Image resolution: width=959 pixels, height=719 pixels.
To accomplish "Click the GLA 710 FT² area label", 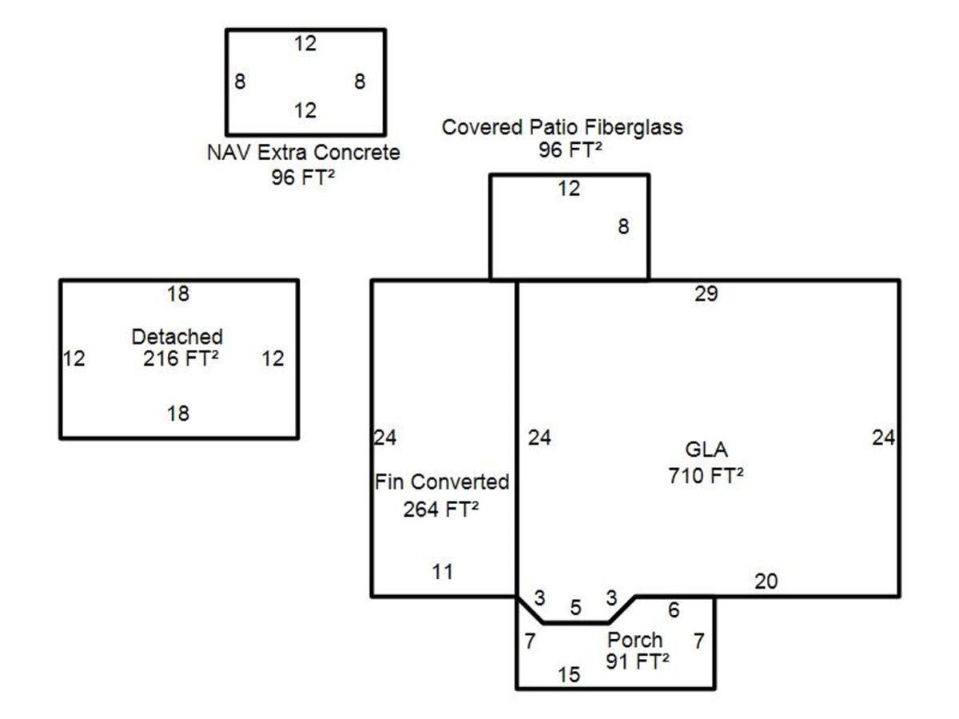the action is pyautogui.click(x=706, y=463).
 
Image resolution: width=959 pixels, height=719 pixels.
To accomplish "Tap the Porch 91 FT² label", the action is pyautogui.click(x=637, y=651).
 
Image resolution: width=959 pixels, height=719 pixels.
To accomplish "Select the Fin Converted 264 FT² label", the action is pyautogui.click(x=442, y=495).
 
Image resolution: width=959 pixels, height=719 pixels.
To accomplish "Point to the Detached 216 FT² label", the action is pyautogui.click(x=178, y=348).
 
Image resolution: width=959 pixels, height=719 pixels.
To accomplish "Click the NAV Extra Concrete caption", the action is pyautogui.click(x=303, y=153).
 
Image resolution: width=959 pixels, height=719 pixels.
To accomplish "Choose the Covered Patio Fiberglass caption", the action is pyautogui.click(x=563, y=128).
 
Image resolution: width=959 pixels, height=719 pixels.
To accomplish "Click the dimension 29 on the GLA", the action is pyautogui.click(x=706, y=294).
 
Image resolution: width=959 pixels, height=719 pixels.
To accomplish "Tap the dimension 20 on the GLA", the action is pyautogui.click(x=766, y=582).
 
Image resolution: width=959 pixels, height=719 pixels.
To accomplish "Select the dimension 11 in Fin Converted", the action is pyautogui.click(x=443, y=572).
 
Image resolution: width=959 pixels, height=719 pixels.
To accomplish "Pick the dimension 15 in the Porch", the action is pyautogui.click(x=569, y=675).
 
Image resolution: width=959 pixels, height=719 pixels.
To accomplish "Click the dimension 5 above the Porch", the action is pyautogui.click(x=576, y=608).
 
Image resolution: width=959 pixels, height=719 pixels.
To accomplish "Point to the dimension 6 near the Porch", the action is pyautogui.click(x=674, y=610).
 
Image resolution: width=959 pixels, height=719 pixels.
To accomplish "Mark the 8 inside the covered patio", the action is pyautogui.click(x=623, y=227).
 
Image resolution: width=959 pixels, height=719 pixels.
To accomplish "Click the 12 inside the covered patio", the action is pyautogui.click(x=569, y=189).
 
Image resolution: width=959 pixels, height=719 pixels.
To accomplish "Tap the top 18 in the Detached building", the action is pyautogui.click(x=178, y=294).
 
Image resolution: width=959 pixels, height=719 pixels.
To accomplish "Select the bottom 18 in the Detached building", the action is pyautogui.click(x=178, y=413).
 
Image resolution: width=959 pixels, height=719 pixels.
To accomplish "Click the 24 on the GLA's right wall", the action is pyautogui.click(x=883, y=438).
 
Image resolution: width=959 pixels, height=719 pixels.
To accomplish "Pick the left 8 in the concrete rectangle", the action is pyautogui.click(x=240, y=81).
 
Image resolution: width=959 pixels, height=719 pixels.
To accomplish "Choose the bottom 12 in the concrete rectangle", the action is pyautogui.click(x=305, y=110).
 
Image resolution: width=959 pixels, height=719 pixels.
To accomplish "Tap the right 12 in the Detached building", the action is pyautogui.click(x=273, y=359).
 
